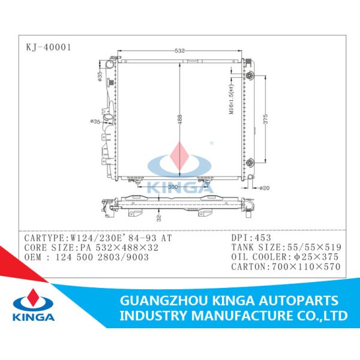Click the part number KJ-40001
tap(49, 47)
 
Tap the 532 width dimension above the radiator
tap(179, 51)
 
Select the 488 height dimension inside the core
tap(179, 119)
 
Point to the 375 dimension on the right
tap(265, 119)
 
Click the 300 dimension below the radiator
tap(173, 187)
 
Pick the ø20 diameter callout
tap(265, 188)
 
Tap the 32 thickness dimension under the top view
tap(159, 218)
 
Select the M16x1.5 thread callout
tap(231, 100)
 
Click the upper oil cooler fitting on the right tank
tap(249, 76)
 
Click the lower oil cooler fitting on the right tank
tap(249, 163)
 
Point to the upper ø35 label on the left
tap(100, 76)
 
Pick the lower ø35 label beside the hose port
tap(95, 121)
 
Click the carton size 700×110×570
tap(306, 267)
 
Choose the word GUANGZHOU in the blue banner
tap(163, 301)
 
